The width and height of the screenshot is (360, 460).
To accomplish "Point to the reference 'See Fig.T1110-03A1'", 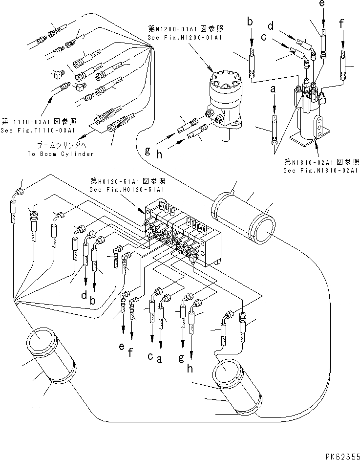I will coord(37,131).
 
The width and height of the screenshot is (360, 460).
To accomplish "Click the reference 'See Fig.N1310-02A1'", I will coord(321,170).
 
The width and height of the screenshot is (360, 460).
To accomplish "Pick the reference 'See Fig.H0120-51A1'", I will coord(126,189).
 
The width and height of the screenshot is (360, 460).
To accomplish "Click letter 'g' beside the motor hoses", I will coord(147,151).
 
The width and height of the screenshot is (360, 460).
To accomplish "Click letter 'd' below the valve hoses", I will coord(84,295).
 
